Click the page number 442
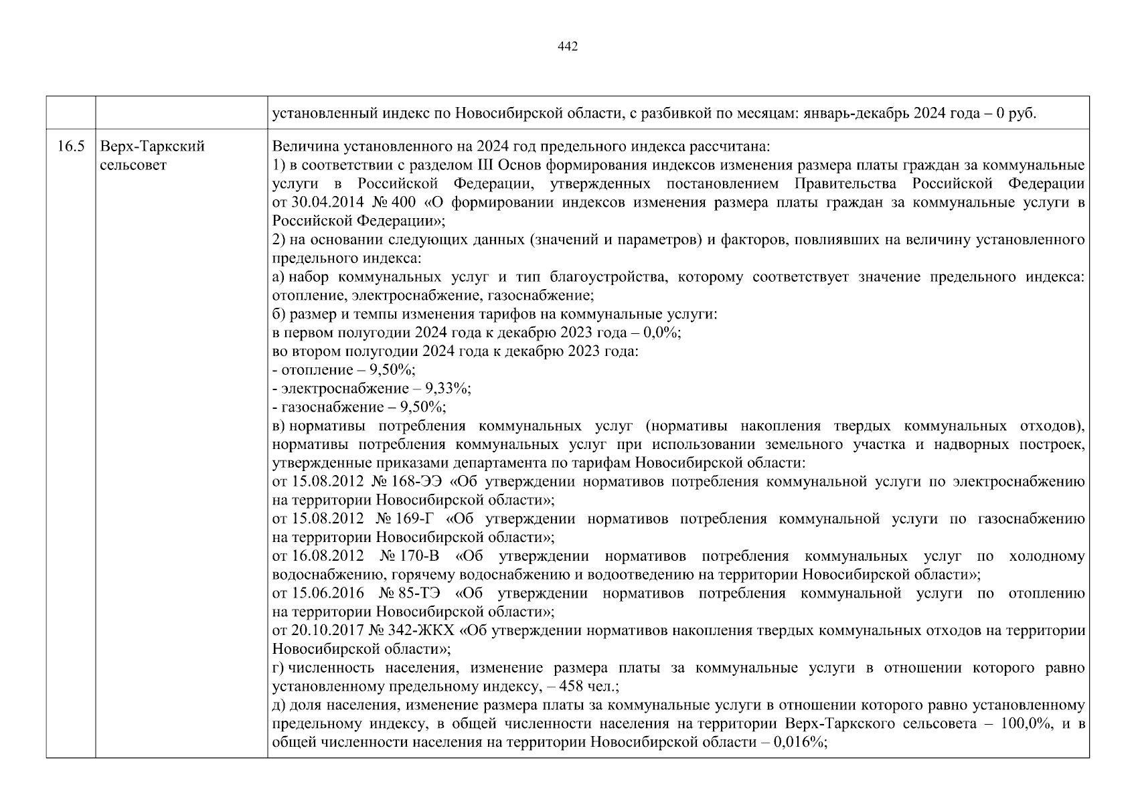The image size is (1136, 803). [x=567, y=46]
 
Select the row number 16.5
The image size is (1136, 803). [x=70, y=146]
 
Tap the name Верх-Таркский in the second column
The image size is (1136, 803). [x=152, y=146]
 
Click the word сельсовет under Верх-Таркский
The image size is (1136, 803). [x=133, y=165]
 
